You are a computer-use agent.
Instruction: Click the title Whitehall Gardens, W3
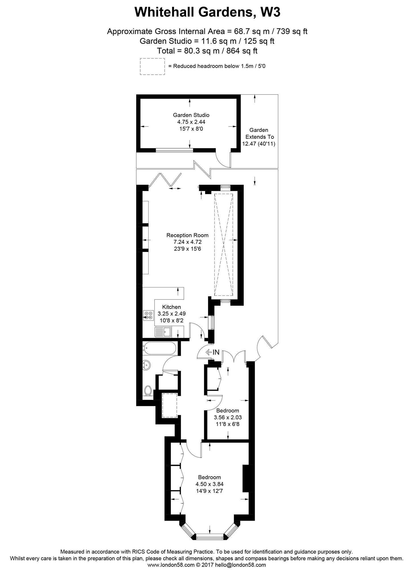coord(207,12)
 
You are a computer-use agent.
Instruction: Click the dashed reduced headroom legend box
coord(152,66)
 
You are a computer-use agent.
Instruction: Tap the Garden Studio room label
coord(191,115)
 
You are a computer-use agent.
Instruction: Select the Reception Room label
coord(187,235)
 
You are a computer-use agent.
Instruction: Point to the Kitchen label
coord(171,307)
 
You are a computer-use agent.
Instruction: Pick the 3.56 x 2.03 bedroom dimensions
coord(228,417)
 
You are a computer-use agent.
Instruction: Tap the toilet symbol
coord(148,390)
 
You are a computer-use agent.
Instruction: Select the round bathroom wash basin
coord(147,365)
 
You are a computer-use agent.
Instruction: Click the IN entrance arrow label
coord(213,352)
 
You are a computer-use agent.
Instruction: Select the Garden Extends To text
coord(259,134)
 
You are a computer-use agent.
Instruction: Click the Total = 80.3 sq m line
coord(207,51)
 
